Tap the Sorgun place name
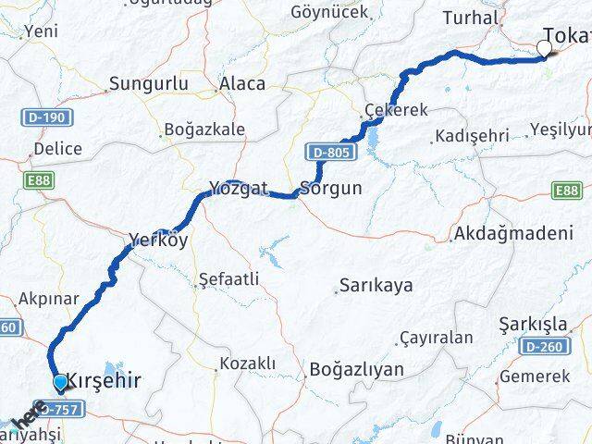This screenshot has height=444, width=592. (x=329, y=191)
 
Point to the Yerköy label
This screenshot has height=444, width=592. (x=158, y=240)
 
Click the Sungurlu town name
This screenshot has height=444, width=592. (x=149, y=83)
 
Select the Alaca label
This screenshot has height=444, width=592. (x=241, y=83)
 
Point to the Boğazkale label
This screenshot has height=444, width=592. (x=203, y=129)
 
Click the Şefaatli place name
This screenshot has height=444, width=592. (x=228, y=278)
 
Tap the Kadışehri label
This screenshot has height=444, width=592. (x=472, y=137)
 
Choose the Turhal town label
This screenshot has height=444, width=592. (x=471, y=18)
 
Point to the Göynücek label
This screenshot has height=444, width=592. (x=329, y=12)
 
